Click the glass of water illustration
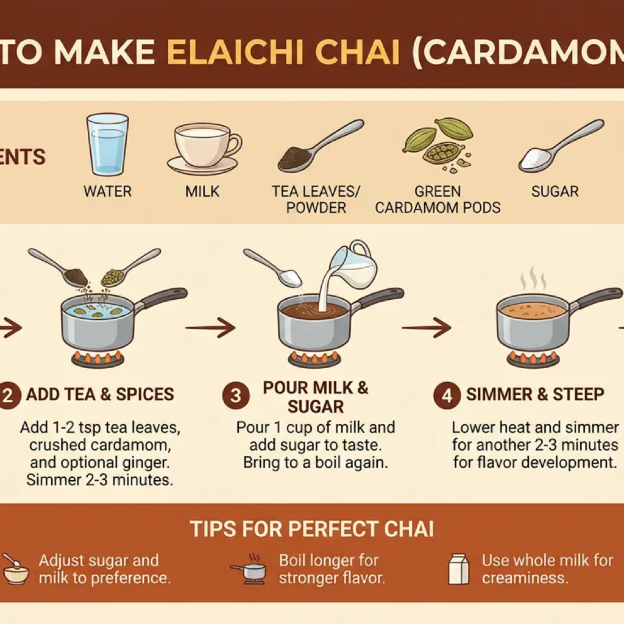click(107, 145)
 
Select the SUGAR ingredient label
click(555, 191)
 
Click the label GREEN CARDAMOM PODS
click(438, 199)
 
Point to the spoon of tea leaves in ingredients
click(321, 146)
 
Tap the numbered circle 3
click(236, 395)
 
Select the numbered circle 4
click(447, 395)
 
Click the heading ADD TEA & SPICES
click(100, 394)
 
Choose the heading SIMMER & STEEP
click(535, 394)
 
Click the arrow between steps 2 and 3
click(210, 327)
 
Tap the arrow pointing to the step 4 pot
click(427, 327)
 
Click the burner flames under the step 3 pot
click(314, 359)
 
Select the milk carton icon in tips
click(459, 569)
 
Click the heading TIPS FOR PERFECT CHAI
click(312, 529)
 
